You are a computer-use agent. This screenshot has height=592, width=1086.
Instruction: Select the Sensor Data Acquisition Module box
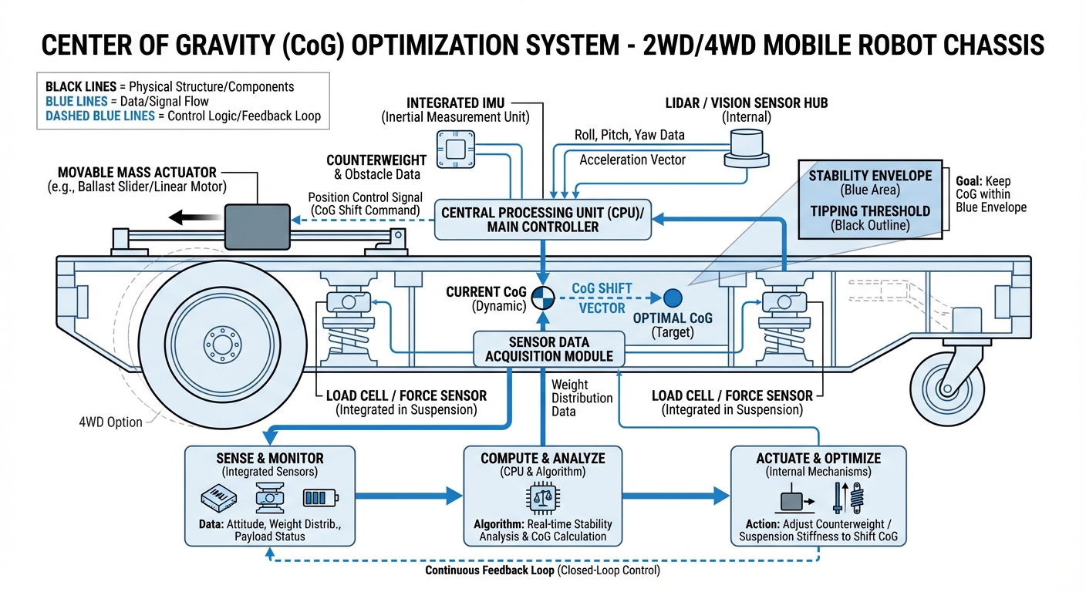[x=548, y=348]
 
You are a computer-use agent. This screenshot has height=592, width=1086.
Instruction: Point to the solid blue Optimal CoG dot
[x=673, y=298]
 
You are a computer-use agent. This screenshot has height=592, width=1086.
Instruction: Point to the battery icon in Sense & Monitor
[x=316, y=498]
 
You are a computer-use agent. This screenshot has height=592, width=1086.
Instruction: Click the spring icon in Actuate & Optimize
[x=855, y=497]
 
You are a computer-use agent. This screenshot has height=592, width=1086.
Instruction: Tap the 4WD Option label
[x=111, y=422]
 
